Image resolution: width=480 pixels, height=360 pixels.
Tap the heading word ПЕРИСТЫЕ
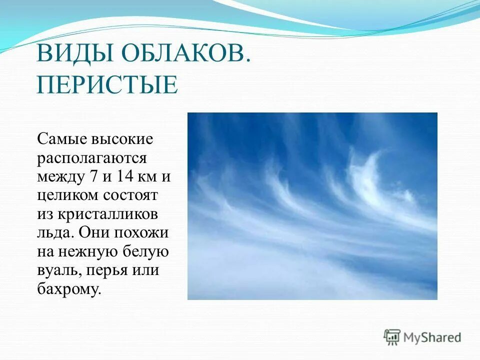107,84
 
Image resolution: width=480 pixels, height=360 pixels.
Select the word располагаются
91,158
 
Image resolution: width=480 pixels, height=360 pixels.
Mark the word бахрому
69,289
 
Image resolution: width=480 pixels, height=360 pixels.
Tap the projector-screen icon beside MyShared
392,337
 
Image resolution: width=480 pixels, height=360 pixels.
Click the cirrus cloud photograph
312,206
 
